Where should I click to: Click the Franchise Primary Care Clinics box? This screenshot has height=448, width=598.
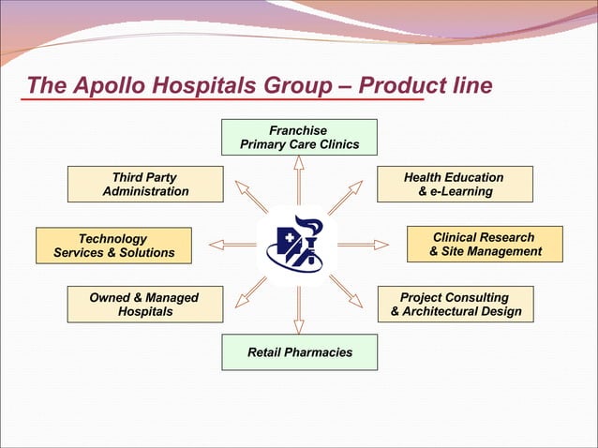pos(299,137)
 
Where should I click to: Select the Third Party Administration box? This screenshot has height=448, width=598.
pos(145,184)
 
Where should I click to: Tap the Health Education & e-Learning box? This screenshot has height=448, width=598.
pos(455,184)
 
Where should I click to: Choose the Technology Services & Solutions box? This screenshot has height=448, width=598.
pos(113,246)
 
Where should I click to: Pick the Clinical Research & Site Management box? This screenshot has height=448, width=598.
pos(485,244)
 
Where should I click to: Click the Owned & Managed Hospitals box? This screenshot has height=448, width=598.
pos(145,305)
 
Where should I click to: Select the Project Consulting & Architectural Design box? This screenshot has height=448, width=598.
pos(455,305)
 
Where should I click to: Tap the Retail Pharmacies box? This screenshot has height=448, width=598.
pos(299,352)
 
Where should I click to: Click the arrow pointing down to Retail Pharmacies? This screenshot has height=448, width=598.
pos(298,309)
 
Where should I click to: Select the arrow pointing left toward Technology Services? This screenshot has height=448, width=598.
pos(232,245)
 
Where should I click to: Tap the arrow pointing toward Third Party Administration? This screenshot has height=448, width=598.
pos(250,196)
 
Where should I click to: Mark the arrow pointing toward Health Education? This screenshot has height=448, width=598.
pos(345,197)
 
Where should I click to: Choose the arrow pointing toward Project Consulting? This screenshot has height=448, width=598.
pos(346,291)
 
